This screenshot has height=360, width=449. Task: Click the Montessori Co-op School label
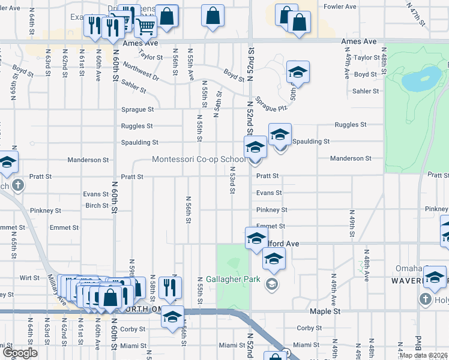point(199,160)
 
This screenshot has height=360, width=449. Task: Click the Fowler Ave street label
point(340,7)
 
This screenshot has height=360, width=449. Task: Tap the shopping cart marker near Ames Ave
point(145,26)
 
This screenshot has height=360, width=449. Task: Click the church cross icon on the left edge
point(18,185)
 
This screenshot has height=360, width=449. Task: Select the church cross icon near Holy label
point(425,299)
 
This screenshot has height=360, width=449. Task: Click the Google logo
point(19,353)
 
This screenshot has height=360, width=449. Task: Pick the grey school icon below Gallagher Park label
point(272,284)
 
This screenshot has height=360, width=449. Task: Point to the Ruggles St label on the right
point(351,125)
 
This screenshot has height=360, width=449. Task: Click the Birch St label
point(97,205)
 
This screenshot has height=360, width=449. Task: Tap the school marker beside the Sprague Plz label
point(298,73)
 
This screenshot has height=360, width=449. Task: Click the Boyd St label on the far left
point(23,71)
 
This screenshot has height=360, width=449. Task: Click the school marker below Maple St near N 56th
point(172,317)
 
